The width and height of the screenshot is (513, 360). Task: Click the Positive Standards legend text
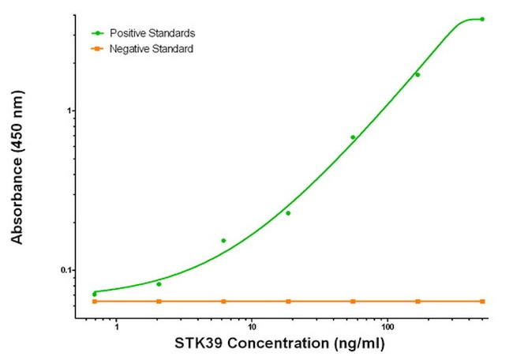point(152,33)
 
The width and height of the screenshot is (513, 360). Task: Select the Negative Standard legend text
point(151,49)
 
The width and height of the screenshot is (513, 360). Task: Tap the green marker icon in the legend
point(97,33)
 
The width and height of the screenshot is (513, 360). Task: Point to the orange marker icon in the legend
point(97,49)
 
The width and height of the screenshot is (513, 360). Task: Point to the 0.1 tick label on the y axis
point(65,270)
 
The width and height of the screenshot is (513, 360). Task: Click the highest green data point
point(482,19)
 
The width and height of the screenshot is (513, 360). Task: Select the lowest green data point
point(95,294)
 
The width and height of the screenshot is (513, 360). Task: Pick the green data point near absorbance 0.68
point(353,137)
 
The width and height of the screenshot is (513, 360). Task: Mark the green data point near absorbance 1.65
point(418,75)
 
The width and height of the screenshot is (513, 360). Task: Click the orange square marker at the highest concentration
point(482,302)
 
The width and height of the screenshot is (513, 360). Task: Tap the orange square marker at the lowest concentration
point(95,302)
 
